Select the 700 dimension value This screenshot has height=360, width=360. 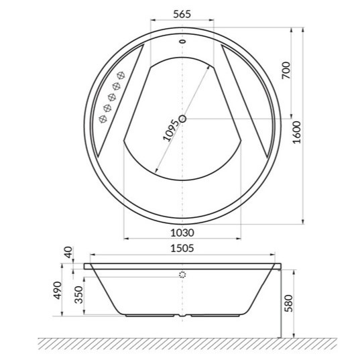[286, 70]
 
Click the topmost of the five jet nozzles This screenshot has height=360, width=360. [122, 74]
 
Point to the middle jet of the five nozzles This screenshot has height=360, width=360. [111, 97]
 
